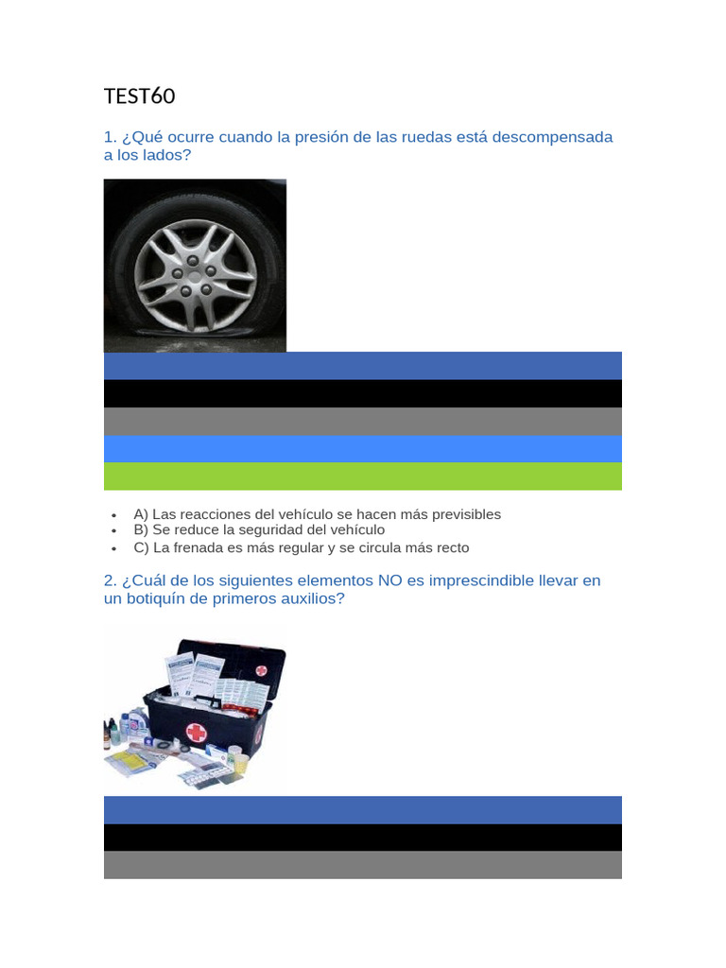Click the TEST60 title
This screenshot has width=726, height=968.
coord(140,96)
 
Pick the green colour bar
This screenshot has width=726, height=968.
coord(363,476)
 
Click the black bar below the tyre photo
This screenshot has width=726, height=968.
coord(363,394)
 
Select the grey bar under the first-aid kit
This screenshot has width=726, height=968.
coord(363,865)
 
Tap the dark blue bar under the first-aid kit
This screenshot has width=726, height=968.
coord(363,810)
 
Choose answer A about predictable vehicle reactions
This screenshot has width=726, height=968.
coord(318,514)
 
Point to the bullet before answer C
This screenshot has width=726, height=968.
coord(114,548)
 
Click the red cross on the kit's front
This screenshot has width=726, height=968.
coord(197,733)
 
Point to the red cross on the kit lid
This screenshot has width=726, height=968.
coord(262,670)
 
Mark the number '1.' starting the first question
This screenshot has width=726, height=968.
coord(111,137)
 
